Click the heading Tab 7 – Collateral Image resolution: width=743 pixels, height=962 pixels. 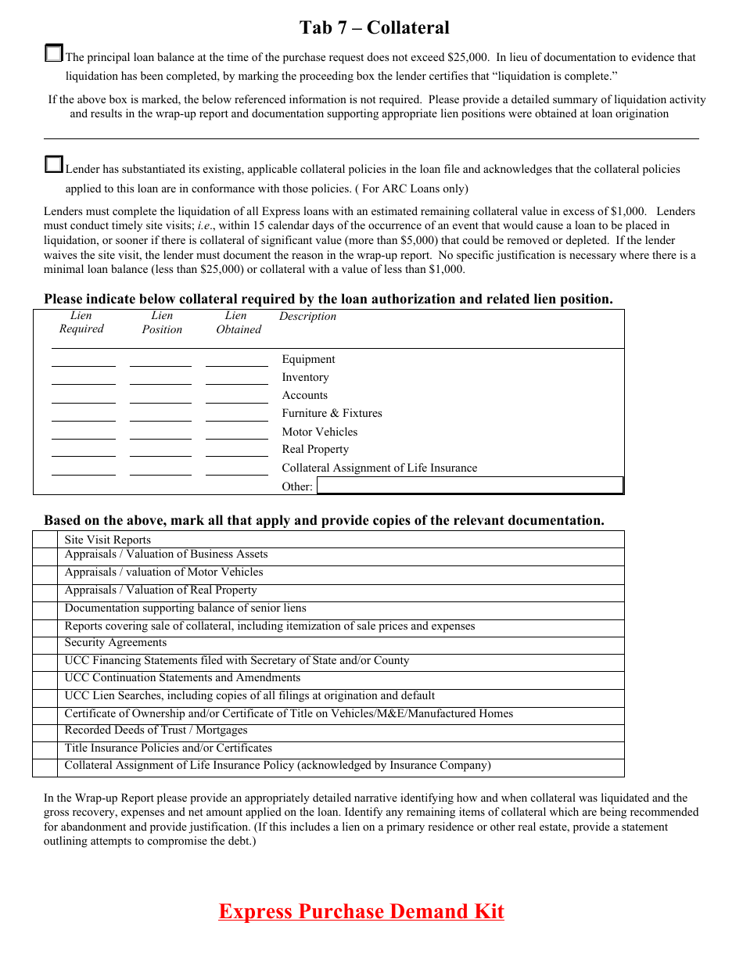pyautogui.click(x=374, y=28)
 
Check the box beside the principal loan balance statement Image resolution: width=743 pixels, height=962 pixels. pyautogui.click(x=53, y=53)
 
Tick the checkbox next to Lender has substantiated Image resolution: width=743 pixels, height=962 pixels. pyautogui.click(x=53, y=164)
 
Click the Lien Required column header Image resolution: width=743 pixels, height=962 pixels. pyautogui.click(x=81, y=322)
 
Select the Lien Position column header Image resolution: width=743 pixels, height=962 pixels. pyautogui.click(x=162, y=322)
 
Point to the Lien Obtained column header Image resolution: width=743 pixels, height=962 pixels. pyautogui.click(x=238, y=322)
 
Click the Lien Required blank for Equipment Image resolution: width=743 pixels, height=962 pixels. pyautogui.click(x=83, y=361)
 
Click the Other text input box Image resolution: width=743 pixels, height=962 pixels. pyautogui.click(x=469, y=486)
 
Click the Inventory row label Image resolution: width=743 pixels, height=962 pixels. pyautogui.click(x=305, y=378)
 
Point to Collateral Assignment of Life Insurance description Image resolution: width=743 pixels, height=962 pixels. pyautogui.click(x=379, y=468)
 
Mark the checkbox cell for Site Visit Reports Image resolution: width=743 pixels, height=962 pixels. pyautogui.click(x=45, y=540)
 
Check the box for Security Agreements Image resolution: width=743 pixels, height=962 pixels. pyautogui.click(x=45, y=645)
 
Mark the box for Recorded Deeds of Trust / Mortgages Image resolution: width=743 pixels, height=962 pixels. pyautogui.click(x=45, y=733)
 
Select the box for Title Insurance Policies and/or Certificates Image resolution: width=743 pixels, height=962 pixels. pyautogui.click(x=45, y=750)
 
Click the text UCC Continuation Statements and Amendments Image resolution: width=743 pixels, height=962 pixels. pyautogui.click(x=182, y=678)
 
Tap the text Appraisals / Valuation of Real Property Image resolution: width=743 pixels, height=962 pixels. pyautogui.click(x=160, y=590)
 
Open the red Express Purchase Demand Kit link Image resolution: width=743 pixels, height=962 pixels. pyautogui.click(x=361, y=912)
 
